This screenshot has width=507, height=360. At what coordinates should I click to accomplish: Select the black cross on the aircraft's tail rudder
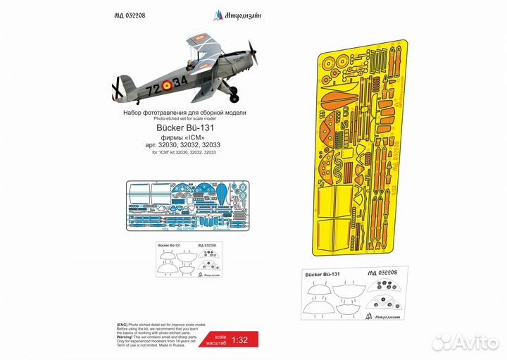click(117, 89)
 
